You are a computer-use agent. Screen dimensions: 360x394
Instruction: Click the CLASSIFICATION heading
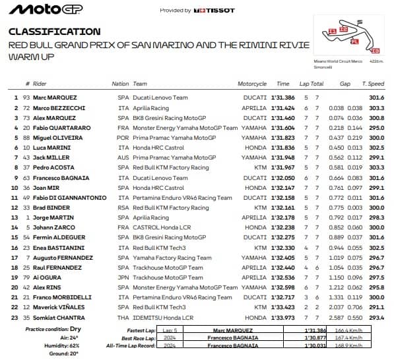tap(55, 32)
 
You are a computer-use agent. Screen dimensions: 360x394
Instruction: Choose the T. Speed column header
tap(373, 84)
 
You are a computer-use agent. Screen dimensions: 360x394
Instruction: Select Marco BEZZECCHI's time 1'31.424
tap(282, 108)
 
